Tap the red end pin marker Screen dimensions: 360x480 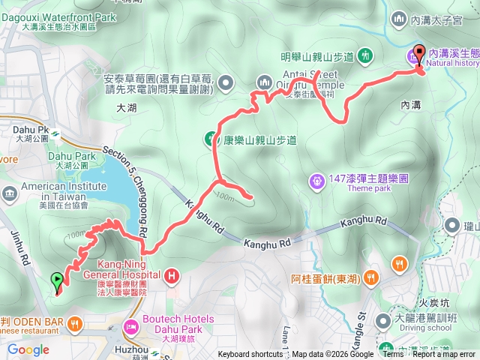click(418, 55)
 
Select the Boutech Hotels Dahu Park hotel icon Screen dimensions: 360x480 click(130, 327)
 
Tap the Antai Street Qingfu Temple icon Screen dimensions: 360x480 click(264, 82)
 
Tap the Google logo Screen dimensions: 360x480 click(28, 349)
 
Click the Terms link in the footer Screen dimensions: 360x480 click(393, 355)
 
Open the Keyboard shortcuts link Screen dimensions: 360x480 click(250, 355)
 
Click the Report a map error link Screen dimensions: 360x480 click(445, 355)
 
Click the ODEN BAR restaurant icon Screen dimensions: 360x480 click(74, 323)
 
